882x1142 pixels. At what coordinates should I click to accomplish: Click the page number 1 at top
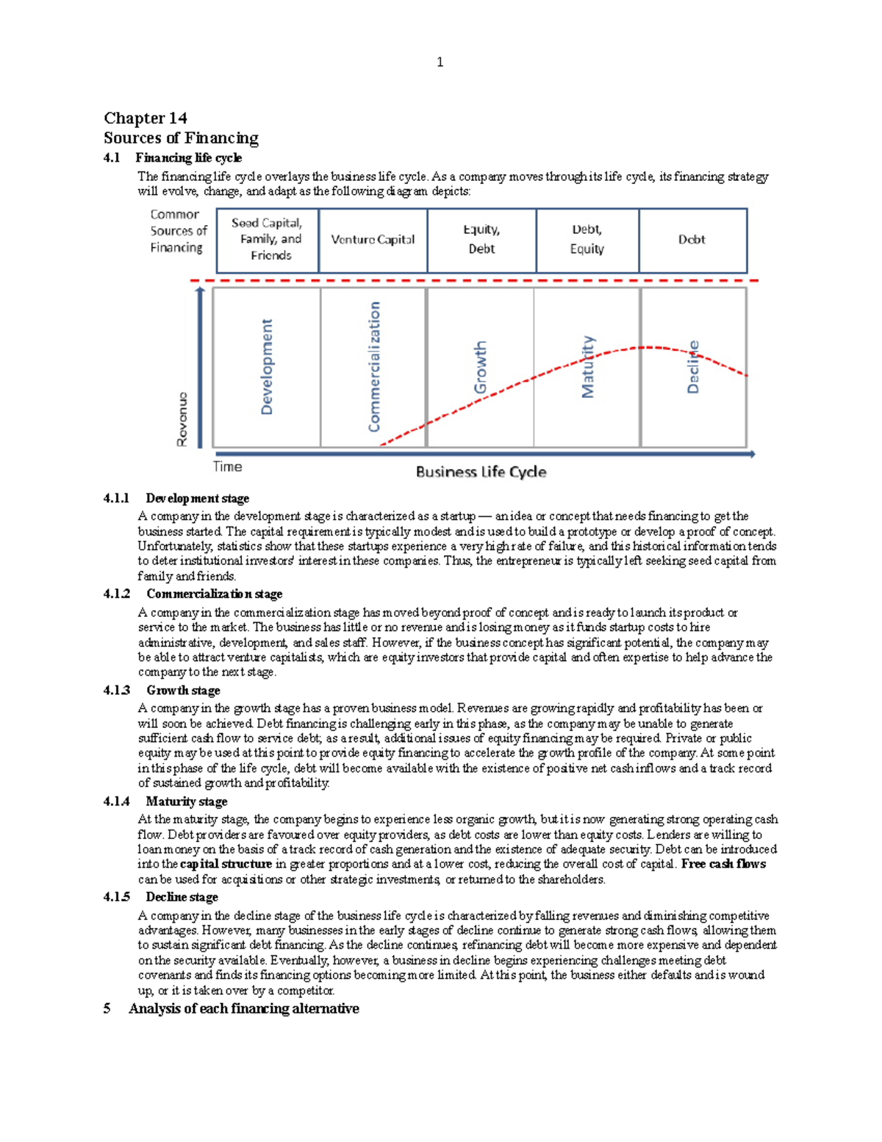pyautogui.click(x=440, y=63)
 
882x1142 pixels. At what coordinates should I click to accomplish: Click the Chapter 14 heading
pyautogui.click(x=146, y=118)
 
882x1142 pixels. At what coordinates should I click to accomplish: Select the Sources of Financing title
pyautogui.click(x=181, y=138)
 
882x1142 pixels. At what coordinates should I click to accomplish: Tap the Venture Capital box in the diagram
pyautogui.click(x=373, y=240)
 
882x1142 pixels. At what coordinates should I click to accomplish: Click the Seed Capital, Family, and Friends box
pyautogui.click(x=268, y=240)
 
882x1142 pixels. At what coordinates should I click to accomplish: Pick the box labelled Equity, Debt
pyautogui.click(x=481, y=240)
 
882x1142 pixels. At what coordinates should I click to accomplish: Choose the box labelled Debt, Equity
pyautogui.click(x=587, y=240)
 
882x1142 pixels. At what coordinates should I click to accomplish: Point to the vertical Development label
pyautogui.click(x=267, y=366)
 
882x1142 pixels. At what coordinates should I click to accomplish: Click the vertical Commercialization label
pyautogui.click(x=374, y=366)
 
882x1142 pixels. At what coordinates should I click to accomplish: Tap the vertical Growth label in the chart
pyautogui.click(x=480, y=367)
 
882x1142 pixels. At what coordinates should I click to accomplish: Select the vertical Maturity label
pyautogui.click(x=587, y=367)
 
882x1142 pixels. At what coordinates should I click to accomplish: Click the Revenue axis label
pyautogui.click(x=182, y=419)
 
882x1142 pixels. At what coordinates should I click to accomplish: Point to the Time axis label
pyautogui.click(x=227, y=467)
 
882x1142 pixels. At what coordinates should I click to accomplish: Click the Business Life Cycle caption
pyautogui.click(x=481, y=472)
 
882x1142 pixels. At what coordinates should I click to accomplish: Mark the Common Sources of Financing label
pyautogui.click(x=178, y=231)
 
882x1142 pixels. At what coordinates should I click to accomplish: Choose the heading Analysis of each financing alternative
pyautogui.click(x=243, y=1009)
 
